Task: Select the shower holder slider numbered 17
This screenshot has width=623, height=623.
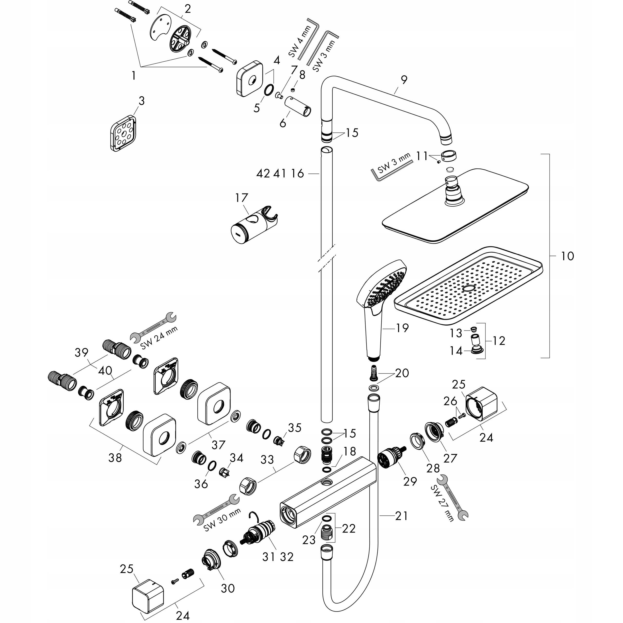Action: pos(255,226)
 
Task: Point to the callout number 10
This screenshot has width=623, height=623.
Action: pos(568,256)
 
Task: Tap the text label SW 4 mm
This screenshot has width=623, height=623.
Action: pos(300,41)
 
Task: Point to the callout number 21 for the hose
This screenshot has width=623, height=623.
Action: pos(402,516)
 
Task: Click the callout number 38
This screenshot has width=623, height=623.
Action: pos(115,457)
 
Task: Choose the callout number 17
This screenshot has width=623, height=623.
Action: pos(242,198)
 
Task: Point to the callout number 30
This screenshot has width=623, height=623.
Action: pos(228,588)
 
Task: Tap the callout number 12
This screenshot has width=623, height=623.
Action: pos(499,341)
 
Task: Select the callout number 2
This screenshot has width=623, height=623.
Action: pos(188,9)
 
